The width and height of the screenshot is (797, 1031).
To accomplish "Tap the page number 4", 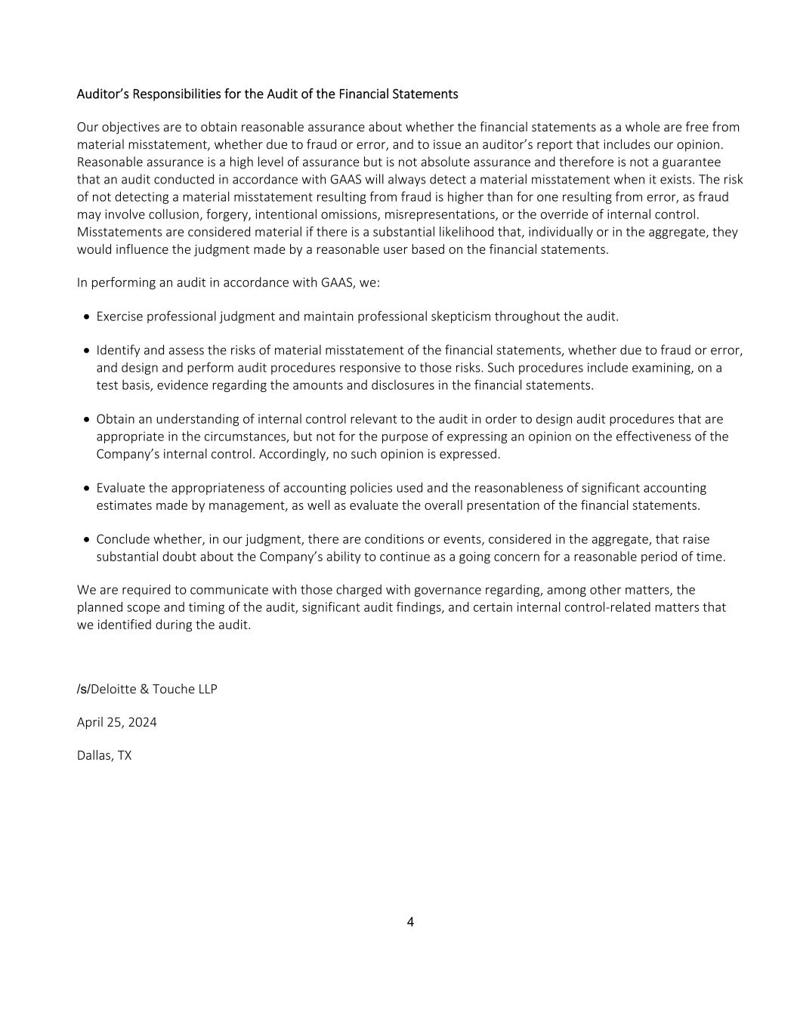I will coord(410,921).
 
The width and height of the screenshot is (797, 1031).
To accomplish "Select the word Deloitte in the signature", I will coord(113,689).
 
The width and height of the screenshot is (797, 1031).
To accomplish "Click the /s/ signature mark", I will coord(83,689).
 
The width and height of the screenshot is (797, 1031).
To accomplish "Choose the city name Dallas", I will coord(94,755).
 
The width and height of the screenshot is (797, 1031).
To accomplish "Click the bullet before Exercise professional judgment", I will coord(88,317).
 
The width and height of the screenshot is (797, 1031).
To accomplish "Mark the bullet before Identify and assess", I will coord(88,351).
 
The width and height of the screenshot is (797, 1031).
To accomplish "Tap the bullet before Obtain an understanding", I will coord(88,420).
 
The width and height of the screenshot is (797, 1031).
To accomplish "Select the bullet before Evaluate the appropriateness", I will coord(88,489).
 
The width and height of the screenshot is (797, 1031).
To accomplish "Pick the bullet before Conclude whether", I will coord(88,540).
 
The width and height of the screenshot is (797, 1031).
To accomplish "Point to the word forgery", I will coord(227,215).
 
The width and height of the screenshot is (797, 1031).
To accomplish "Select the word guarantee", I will coord(694,162).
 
